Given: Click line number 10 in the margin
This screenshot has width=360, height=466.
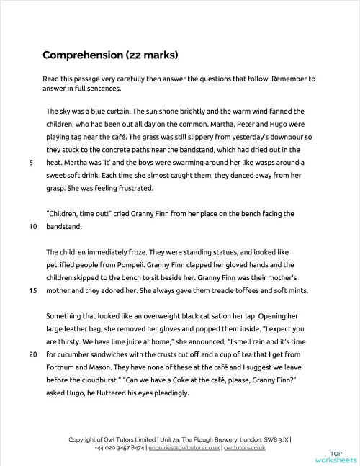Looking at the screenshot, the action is (x=32, y=227).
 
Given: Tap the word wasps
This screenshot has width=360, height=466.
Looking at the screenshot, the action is (x=268, y=163).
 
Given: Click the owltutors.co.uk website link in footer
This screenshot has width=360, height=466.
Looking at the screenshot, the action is (x=244, y=447).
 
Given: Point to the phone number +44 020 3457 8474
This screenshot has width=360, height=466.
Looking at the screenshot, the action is (x=119, y=447).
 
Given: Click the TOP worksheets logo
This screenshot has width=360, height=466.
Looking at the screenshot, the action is (x=335, y=454).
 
